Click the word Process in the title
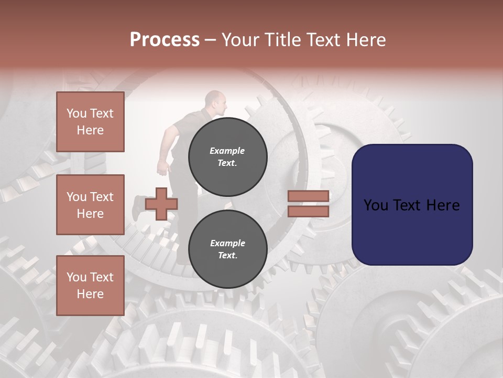pyautogui.click(x=165, y=40)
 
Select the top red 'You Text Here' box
pyautogui.click(x=90, y=122)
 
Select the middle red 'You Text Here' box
pyautogui.click(x=90, y=205)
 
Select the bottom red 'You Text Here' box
pyautogui.click(x=90, y=286)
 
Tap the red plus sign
pyautogui.click(x=161, y=204)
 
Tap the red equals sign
pyautogui.click(x=309, y=204)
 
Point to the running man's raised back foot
pyautogui.click(x=137, y=208)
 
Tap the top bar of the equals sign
pyautogui.click(x=309, y=196)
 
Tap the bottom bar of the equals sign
pyautogui.click(x=309, y=211)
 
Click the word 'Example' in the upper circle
pyautogui.click(x=227, y=151)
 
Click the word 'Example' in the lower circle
pyautogui.click(x=227, y=243)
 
